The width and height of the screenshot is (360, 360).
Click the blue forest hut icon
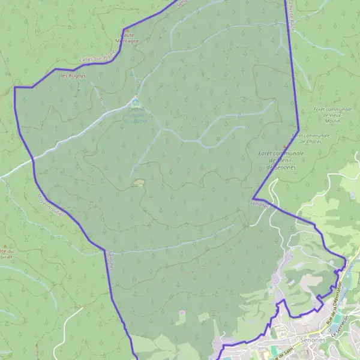click(135, 101)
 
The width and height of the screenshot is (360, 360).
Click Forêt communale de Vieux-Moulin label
click(329, 115)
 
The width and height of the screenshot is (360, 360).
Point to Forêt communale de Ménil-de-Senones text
click(281, 160)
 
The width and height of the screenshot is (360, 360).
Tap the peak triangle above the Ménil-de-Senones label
click(284, 146)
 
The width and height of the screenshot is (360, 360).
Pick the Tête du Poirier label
click(7, 254)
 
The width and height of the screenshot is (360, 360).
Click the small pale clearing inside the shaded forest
click(138, 182)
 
